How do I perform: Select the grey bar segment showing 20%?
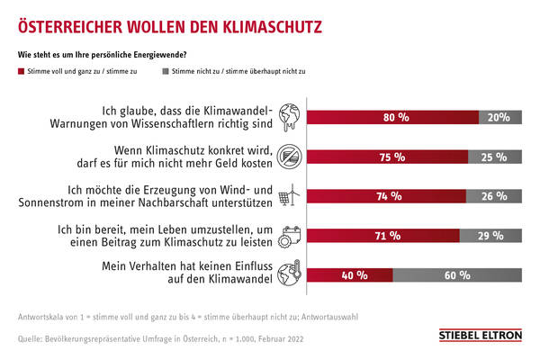point(499,117)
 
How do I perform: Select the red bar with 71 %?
point(382,236)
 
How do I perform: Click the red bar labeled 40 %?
point(351,275)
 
